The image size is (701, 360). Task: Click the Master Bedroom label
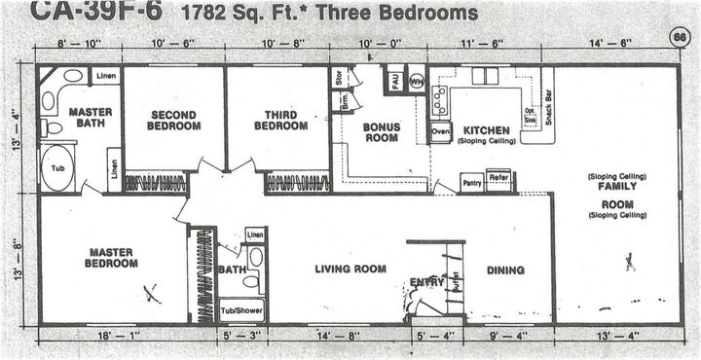(x=111, y=258)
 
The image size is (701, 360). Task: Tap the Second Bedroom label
(x=173, y=120)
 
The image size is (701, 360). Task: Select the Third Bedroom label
(x=280, y=120)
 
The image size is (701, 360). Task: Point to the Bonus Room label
(x=382, y=132)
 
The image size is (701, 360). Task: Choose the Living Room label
(x=350, y=269)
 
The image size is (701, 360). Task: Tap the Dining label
(x=505, y=270)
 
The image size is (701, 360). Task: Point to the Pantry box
(x=471, y=181)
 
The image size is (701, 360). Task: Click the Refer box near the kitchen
(x=498, y=178)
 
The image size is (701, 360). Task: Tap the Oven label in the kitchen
(x=440, y=128)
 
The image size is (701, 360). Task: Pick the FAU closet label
(x=395, y=79)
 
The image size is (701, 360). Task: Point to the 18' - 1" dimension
(x=114, y=336)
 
